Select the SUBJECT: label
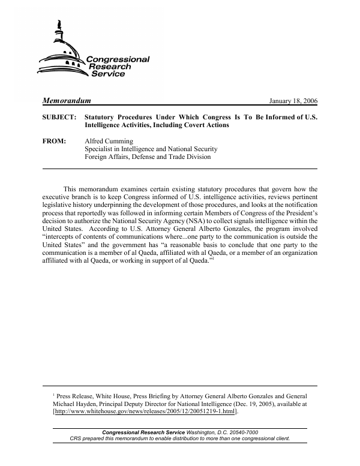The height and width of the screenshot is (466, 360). (x=59, y=118)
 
